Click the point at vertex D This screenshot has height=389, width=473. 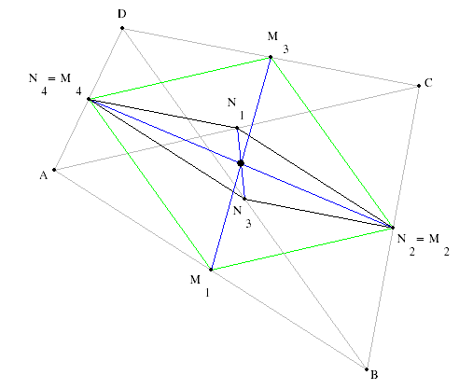point(122,28)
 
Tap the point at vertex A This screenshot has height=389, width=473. point(54,170)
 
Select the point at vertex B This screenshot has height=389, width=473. point(367,369)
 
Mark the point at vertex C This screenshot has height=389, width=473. point(419,86)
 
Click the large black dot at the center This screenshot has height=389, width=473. point(241,163)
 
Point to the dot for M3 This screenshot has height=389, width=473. point(271,57)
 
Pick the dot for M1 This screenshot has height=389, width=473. point(211,270)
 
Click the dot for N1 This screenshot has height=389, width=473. point(237,128)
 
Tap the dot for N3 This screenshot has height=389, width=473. point(244,199)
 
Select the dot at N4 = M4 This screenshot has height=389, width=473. point(89,99)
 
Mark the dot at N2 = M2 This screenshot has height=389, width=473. point(393,228)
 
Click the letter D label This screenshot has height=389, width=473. point(122,14)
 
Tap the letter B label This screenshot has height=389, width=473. point(374,375)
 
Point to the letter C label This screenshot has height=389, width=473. point(428,83)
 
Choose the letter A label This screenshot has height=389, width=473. point(44,175)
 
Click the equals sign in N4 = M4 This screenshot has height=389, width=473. point(51,79)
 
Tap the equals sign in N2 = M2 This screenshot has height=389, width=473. point(420,239)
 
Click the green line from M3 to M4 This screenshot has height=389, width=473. point(179,78)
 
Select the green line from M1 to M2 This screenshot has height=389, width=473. point(301,249)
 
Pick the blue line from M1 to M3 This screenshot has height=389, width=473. point(241,163)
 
